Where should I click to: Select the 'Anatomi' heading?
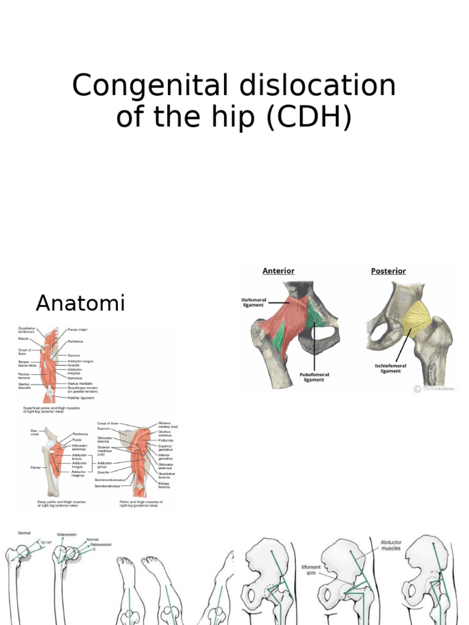click(80, 303)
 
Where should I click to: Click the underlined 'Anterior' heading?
click(278, 270)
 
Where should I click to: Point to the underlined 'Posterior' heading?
click(388, 270)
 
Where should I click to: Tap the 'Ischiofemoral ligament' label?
click(390, 368)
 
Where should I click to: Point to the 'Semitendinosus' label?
click(109, 486)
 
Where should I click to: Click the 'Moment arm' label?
click(311, 571)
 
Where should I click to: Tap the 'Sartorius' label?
click(76, 378)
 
